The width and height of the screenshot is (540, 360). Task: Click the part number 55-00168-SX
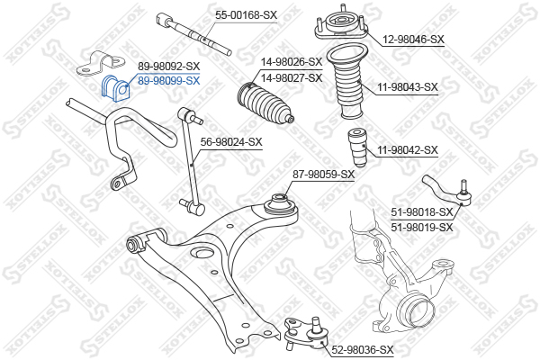[246, 15]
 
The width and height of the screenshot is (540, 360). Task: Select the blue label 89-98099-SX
[168, 81]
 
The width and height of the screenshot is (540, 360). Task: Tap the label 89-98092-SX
[168, 66]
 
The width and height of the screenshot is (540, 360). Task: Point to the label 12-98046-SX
[413, 40]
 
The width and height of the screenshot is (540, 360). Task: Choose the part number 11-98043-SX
[408, 86]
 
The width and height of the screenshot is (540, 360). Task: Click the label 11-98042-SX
[408, 150]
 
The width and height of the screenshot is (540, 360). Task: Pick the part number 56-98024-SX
[231, 141]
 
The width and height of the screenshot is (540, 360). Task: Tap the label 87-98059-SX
[323, 175]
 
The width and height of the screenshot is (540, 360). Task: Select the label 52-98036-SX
[363, 350]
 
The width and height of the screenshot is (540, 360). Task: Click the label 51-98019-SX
[422, 228]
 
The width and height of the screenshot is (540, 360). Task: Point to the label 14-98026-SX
[292, 62]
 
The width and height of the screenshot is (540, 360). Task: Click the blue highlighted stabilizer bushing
[116, 88]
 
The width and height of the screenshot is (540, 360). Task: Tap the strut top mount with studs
[341, 23]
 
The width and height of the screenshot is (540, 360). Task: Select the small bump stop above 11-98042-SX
[356, 148]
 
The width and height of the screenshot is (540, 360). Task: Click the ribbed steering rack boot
[265, 103]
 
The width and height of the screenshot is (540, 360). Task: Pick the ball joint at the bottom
[307, 333]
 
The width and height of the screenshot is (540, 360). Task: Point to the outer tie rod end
[448, 192]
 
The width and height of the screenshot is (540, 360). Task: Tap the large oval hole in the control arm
[202, 253]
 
